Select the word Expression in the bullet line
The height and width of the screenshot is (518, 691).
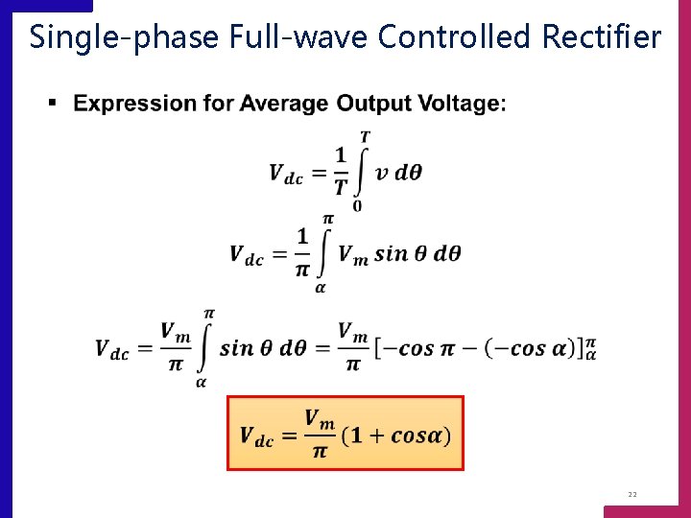[x=139, y=104]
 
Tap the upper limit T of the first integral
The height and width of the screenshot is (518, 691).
[x=365, y=138]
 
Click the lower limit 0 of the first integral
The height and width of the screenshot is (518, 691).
[x=357, y=205]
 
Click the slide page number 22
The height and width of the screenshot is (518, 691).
[x=632, y=495]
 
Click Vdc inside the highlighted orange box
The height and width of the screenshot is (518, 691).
[x=256, y=436]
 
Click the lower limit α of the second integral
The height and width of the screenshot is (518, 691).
[x=321, y=287]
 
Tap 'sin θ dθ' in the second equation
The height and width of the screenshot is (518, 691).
[x=418, y=253]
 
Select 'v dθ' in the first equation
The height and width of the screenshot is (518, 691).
[x=397, y=173]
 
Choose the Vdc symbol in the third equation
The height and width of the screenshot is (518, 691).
[x=112, y=349]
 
